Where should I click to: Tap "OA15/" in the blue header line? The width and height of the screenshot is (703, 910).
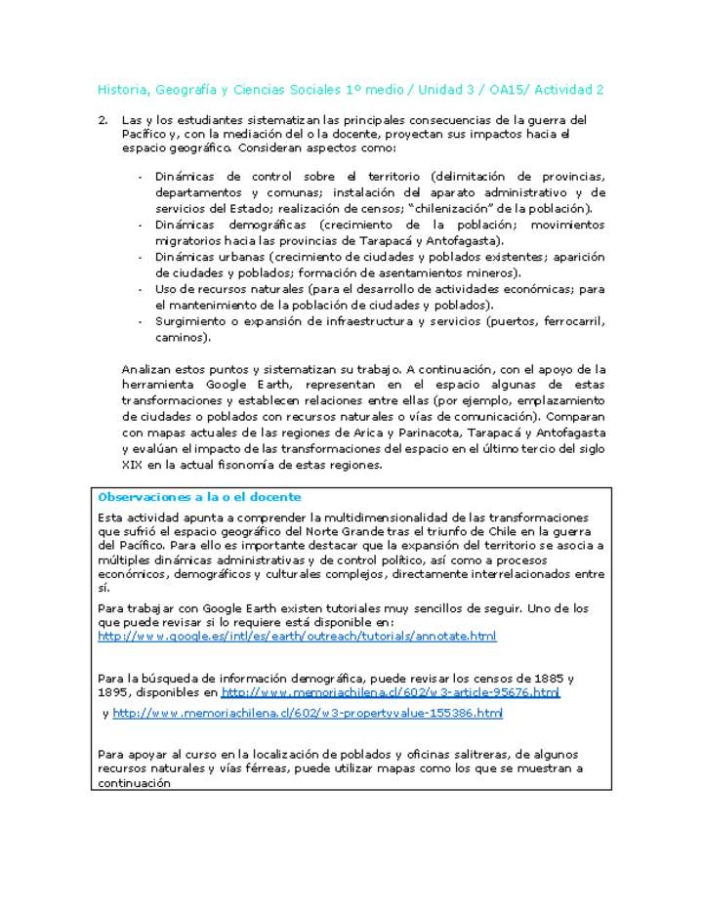(501, 90)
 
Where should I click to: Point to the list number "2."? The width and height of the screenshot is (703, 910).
(103, 120)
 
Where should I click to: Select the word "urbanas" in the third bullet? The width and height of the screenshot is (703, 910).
(233, 257)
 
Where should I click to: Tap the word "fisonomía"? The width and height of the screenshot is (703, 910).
(261, 466)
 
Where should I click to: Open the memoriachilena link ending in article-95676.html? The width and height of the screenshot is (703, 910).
(391, 692)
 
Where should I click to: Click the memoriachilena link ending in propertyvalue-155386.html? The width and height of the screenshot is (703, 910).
(308, 714)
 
